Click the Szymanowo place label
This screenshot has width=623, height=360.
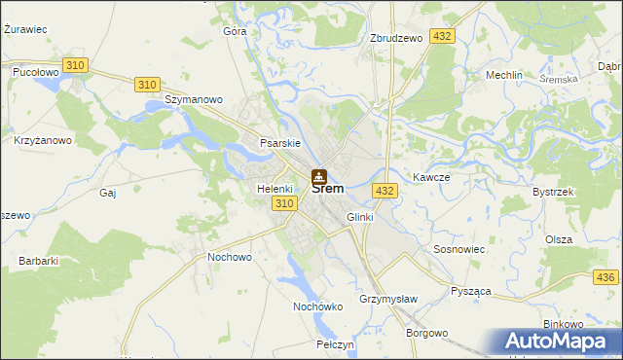coord(195,99)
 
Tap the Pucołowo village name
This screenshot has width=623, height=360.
coord(36,72)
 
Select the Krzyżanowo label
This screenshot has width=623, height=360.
coord(43,140)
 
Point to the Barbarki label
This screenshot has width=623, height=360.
coord(39,261)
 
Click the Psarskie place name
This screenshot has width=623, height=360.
coord(278,143)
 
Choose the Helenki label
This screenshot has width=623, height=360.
coord(275,188)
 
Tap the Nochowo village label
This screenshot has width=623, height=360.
coord(230,257)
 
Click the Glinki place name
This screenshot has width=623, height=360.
coord(359,217)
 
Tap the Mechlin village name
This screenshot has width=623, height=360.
coord(503,75)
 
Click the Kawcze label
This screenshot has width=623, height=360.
coord(430,177)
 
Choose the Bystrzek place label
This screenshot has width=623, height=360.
coord(552,192)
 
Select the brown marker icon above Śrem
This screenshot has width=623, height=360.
coord(318,176)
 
